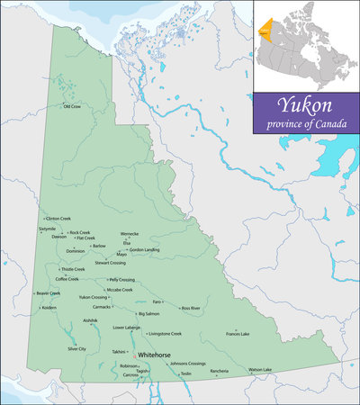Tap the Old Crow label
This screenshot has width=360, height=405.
[71, 106]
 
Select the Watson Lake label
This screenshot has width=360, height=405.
[260, 370]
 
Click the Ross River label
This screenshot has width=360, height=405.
[191, 308]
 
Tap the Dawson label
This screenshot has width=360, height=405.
[58, 237]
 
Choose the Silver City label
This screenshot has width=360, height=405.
[76, 348]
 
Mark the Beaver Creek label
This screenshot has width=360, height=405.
[48, 292]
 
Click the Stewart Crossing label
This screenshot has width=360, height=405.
[110, 263]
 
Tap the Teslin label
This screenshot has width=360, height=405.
[185, 373]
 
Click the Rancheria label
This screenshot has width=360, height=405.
[220, 371]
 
